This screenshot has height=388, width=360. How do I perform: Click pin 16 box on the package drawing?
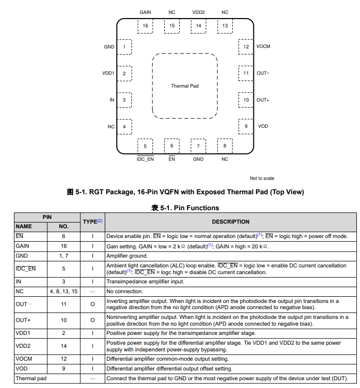pyautogui.click(x=145, y=26)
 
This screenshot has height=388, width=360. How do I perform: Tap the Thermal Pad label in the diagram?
pyautogui.click(x=184, y=86)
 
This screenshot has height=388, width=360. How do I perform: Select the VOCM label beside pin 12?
pyautogui.click(x=263, y=46)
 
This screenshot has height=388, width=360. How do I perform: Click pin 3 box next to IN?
pyautogui.click(x=124, y=100)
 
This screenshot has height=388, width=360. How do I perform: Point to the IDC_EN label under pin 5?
pyautogui.click(x=145, y=159)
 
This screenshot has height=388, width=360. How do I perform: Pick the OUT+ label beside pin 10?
pyautogui.click(x=263, y=100)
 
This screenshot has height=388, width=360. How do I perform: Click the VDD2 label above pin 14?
pyautogui.click(x=198, y=12)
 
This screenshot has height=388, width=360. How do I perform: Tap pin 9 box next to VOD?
pyautogui.click(x=246, y=126)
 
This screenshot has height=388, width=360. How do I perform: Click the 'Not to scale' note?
pyautogui.click(x=262, y=178)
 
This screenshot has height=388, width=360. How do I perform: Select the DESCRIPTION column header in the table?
pyautogui.click(x=230, y=222)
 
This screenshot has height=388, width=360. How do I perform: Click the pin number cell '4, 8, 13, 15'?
pyautogui.click(x=64, y=292)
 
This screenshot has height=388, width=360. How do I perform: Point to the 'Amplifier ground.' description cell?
pyautogui.click(x=127, y=256)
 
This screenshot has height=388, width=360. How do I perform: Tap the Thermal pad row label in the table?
pyautogui.click(x=29, y=379)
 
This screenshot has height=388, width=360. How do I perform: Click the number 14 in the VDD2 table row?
pyautogui.click(x=64, y=346)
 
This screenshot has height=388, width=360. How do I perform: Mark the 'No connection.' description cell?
pyautogui.click(x=124, y=292)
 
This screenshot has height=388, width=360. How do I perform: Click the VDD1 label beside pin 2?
pyautogui.click(x=108, y=73)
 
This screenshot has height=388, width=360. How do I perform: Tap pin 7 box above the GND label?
pyautogui.click(x=198, y=146)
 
